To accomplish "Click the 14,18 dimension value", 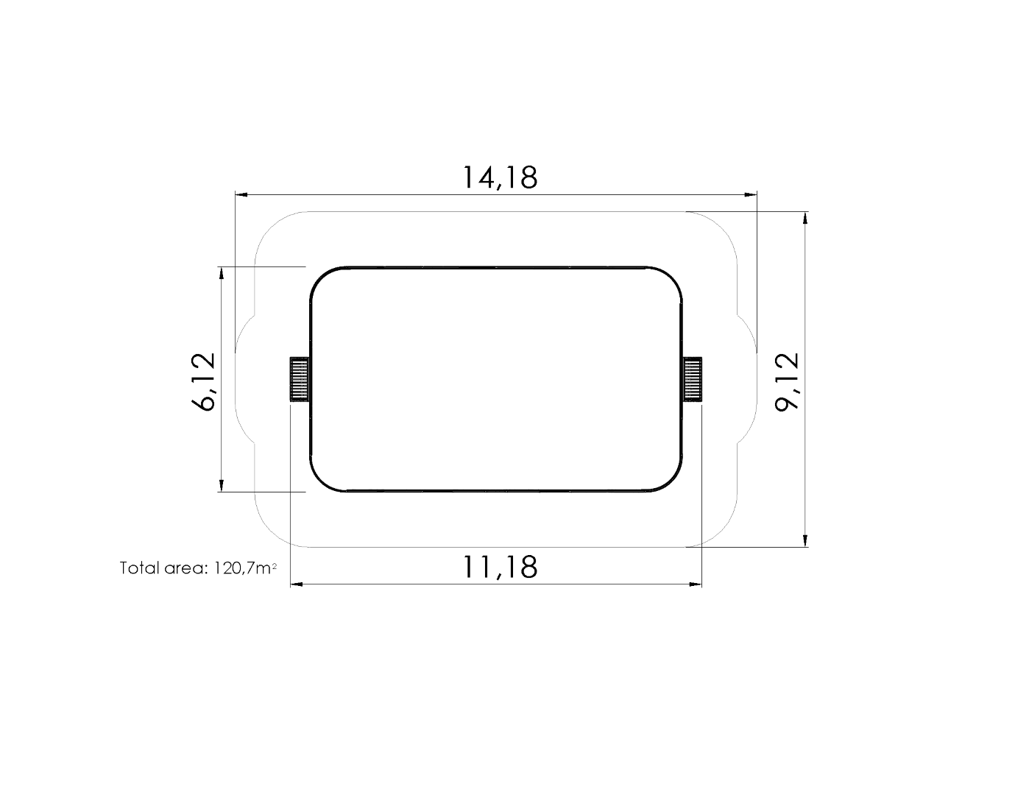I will [500, 177].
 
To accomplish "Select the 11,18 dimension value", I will [500, 567].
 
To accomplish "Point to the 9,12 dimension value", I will [787, 381].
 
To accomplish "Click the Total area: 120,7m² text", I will [198, 568].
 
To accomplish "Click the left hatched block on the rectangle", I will [299, 379].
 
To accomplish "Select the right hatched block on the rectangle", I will [693, 379].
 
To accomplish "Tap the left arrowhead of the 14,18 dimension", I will [241, 195].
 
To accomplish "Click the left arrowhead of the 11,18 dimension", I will [297, 584].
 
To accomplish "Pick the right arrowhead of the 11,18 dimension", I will [696, 584].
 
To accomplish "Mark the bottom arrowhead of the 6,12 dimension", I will [221, 485].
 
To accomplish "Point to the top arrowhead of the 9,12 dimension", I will [806, 218].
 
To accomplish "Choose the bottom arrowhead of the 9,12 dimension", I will [806, 541].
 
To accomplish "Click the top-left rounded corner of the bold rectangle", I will [321, 278].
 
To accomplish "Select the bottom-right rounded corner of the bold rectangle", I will [671, 481].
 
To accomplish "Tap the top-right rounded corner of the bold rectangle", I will [671, 278].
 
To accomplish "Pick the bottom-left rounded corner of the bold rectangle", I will [321, 481].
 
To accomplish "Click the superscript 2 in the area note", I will [274, 565].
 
